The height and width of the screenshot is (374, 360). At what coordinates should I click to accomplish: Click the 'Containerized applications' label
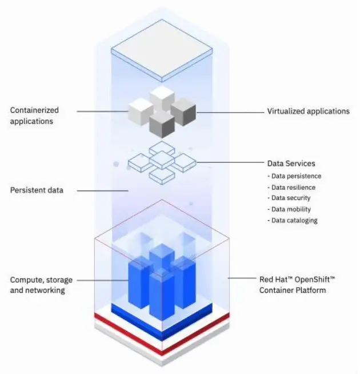pos(34,116)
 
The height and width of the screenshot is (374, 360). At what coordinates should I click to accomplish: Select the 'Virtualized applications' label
pos(308,112)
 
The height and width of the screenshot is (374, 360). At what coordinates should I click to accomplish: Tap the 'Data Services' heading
pos(291,164)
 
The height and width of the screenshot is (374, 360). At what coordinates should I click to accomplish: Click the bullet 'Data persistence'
pos(295,176)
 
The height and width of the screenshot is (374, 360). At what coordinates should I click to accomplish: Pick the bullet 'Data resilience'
pos(293,187)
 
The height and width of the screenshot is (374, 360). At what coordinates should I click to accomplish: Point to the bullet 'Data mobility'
pos(290,209)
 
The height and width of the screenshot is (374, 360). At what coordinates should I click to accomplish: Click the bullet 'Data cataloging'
pos(294,220)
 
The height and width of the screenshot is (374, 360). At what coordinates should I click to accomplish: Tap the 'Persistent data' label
pos(37,190)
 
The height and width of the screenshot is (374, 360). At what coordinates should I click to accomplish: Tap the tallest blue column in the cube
pos(162,280)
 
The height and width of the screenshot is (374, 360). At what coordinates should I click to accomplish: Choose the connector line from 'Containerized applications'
pos(100,110)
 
